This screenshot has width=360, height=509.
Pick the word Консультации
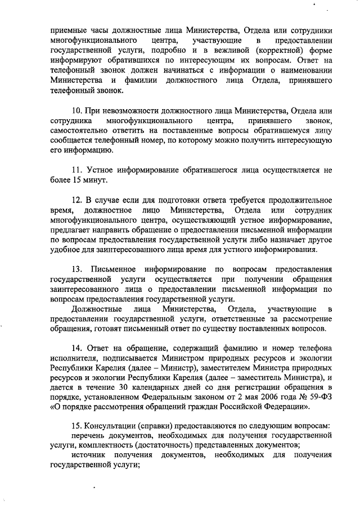point(110,426)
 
